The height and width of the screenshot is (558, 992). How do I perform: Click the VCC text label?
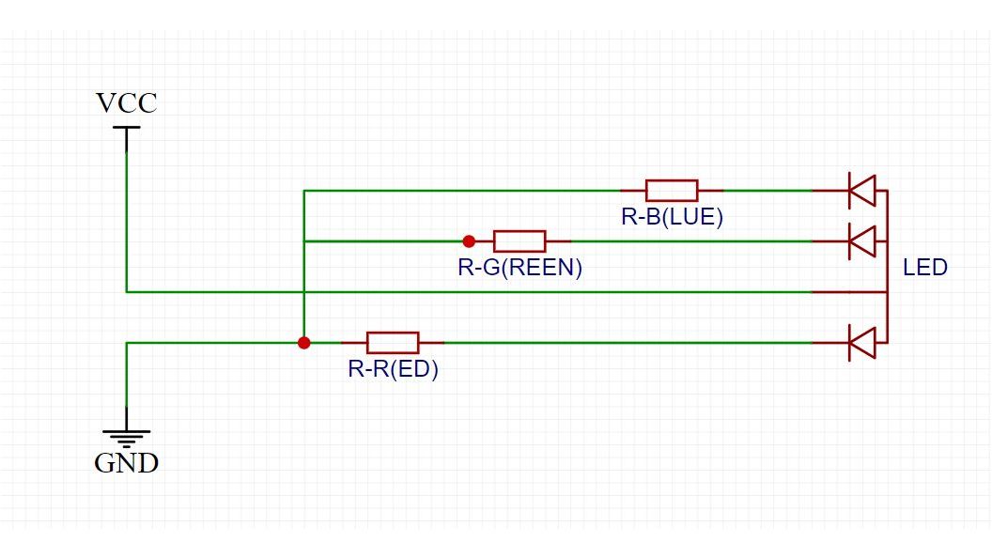tap(127, 102)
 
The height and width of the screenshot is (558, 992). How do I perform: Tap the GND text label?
tap(127, 462)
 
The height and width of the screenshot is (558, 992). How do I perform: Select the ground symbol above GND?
tap(127, 436)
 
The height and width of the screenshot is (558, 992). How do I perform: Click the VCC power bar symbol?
tap(126, 128)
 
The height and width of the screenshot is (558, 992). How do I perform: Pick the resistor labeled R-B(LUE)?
tap(672, 191)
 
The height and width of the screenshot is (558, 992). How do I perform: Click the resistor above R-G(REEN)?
tap(519, 241)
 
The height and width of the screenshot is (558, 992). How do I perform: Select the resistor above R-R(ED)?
tap(393, 343)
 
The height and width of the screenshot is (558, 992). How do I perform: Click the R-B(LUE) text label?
tap(672, 217)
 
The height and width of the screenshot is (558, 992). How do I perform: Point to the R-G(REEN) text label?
tap(519, 268)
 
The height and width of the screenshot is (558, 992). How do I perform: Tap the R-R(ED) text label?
tap(393, 369)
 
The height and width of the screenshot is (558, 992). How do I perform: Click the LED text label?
tap(925, 268)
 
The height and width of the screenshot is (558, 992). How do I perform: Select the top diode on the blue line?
tap(861, 191)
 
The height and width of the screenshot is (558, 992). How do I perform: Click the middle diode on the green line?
tap(861, 241)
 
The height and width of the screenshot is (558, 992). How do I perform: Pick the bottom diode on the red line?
tap(861, 343)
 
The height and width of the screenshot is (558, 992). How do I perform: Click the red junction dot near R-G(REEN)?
tap(469, 241)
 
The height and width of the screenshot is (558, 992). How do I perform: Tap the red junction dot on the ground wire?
tap(303, 343)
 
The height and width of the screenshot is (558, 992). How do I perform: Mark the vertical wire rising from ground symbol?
tap(127, 385)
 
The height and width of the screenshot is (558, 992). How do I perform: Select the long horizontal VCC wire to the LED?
tap(470, 292)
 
